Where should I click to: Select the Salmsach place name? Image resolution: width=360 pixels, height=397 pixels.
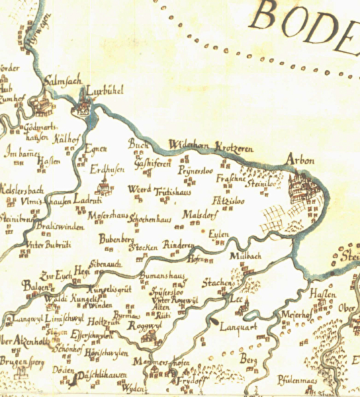coord(62,82)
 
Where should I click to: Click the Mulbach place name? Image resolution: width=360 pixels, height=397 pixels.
coord(246,255)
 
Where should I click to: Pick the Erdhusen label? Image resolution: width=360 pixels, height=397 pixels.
coord(107,169)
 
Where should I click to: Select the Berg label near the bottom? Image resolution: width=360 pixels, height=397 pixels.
coord(248,359)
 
